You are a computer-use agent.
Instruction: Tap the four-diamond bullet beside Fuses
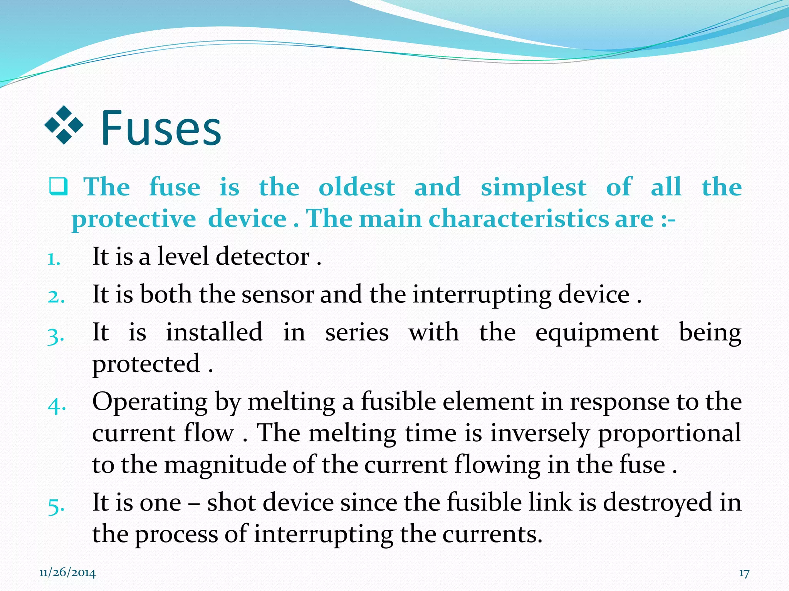[64, 125]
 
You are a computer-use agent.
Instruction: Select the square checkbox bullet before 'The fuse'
[59, 187]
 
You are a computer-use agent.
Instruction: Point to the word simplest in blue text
[534, 189]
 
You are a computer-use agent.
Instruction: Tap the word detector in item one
[262, 257]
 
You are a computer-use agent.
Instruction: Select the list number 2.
[56, 297]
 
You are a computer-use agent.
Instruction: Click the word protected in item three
[146, 364]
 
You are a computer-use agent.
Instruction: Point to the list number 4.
[57, 405]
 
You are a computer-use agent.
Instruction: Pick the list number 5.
[56, 506]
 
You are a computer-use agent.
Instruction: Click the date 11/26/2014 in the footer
[67, 573]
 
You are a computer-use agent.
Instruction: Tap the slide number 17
[744, 573]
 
